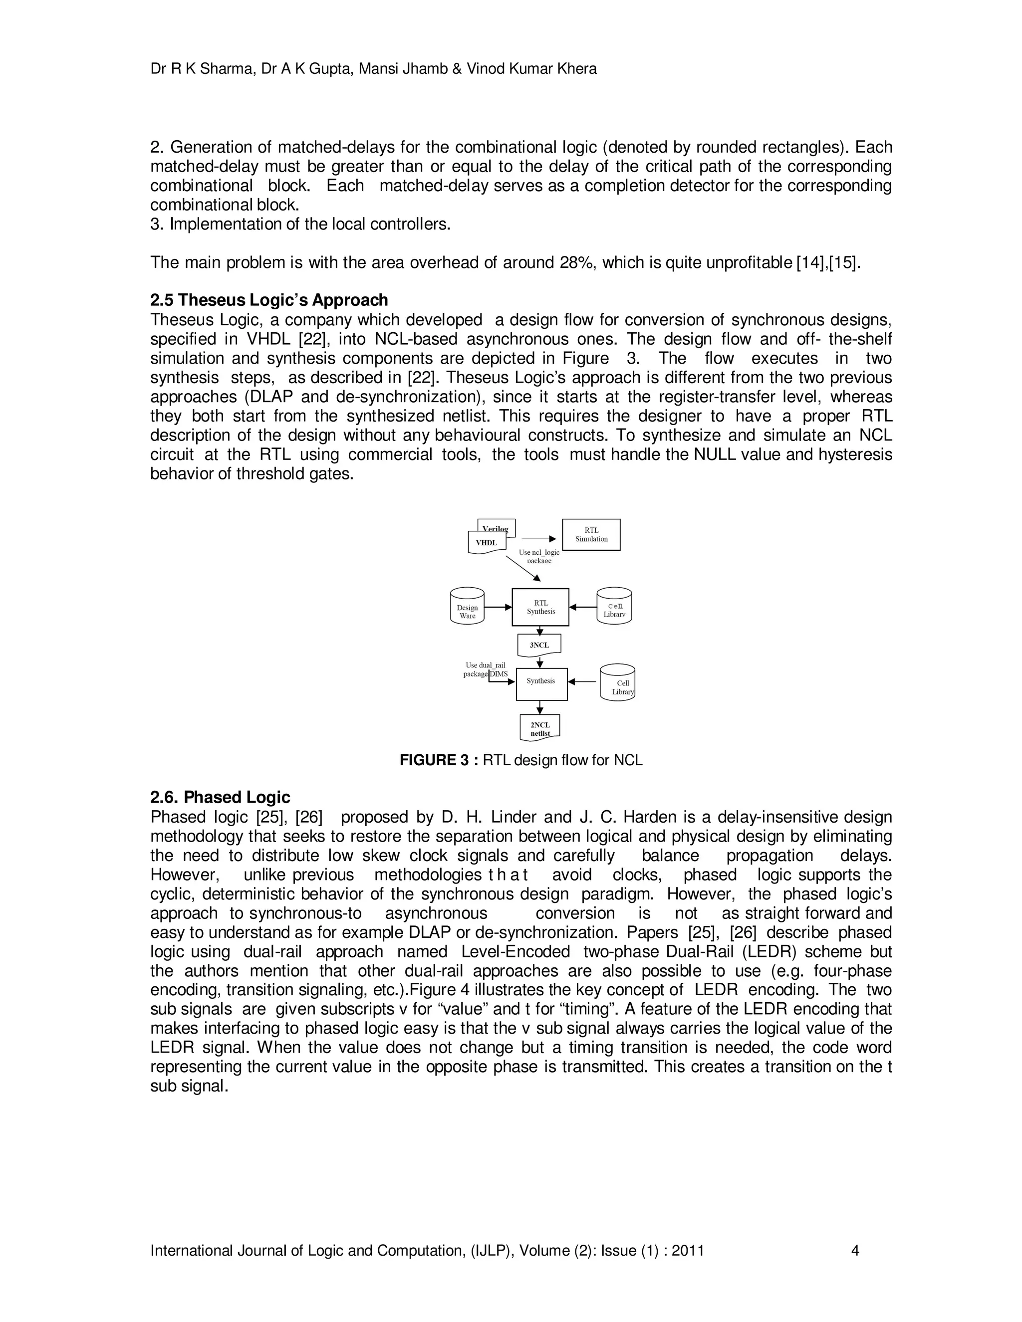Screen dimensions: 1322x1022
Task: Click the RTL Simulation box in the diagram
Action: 591,534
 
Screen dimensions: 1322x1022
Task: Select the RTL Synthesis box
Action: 540,607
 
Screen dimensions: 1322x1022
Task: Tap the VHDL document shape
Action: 486,542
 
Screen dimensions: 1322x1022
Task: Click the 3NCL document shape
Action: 539,645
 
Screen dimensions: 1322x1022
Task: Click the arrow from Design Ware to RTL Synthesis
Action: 498,607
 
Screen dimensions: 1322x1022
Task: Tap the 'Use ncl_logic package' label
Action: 539,556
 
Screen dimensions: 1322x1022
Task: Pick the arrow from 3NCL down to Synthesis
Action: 540,662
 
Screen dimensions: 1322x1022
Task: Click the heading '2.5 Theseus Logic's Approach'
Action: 269,300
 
